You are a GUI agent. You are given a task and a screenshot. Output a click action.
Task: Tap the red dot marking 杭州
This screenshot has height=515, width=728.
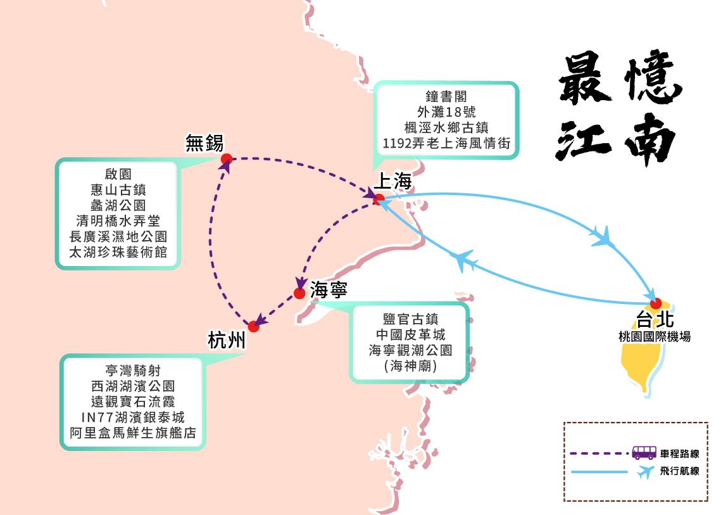(x=254, y=327)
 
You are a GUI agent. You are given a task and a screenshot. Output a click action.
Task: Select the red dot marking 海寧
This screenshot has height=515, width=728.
(x=300, y=293)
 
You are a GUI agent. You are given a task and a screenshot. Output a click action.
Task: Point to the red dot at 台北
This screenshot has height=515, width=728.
(x=656, y=303)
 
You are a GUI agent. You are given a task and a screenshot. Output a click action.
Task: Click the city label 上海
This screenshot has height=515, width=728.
(x=393, y=182)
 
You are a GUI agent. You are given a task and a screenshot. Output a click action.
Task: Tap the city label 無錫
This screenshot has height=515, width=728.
(x=204, y=143)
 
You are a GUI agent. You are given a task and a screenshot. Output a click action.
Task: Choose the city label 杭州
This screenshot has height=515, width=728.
(x=226, y=341)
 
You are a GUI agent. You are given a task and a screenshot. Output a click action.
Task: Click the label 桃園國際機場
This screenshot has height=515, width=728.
(x=655, y=336)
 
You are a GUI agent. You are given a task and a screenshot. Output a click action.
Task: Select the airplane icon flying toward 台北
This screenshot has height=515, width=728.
(x=603, y=237)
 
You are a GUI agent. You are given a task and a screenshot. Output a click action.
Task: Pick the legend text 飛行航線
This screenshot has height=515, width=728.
(x=679, y=471)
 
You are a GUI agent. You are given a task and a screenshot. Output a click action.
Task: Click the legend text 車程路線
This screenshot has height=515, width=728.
(x=679, y=454)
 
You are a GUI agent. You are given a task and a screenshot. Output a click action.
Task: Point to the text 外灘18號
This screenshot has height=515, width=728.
(x=446, y=112)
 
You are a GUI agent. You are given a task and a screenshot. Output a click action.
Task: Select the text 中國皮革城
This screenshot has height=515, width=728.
(x=410, y=334)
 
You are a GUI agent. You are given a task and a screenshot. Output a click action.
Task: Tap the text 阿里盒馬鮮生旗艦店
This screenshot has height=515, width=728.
(x=133, y=433)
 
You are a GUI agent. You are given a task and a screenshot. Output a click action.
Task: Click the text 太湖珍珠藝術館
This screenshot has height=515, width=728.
(x=118, y=252)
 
